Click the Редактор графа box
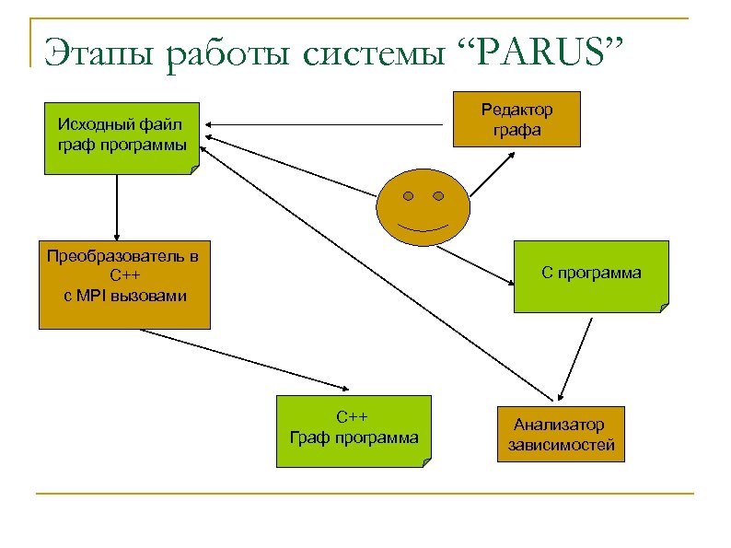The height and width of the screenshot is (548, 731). [516, 120]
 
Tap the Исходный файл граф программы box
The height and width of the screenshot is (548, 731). [121, 137]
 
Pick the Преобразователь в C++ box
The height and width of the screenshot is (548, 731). [124, 285]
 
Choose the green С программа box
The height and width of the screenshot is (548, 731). [590, 276]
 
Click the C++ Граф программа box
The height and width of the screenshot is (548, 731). [354, 430]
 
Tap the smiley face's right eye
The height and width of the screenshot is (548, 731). [438, 196]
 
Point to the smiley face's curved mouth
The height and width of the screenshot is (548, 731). [423, 227]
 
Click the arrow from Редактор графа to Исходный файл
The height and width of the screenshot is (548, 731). [327, 124]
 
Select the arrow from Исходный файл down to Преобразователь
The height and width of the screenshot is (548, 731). [117, 207]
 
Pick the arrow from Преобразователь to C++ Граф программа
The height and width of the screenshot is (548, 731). [244, 360]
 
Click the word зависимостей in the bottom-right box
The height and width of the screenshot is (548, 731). [561, 445]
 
